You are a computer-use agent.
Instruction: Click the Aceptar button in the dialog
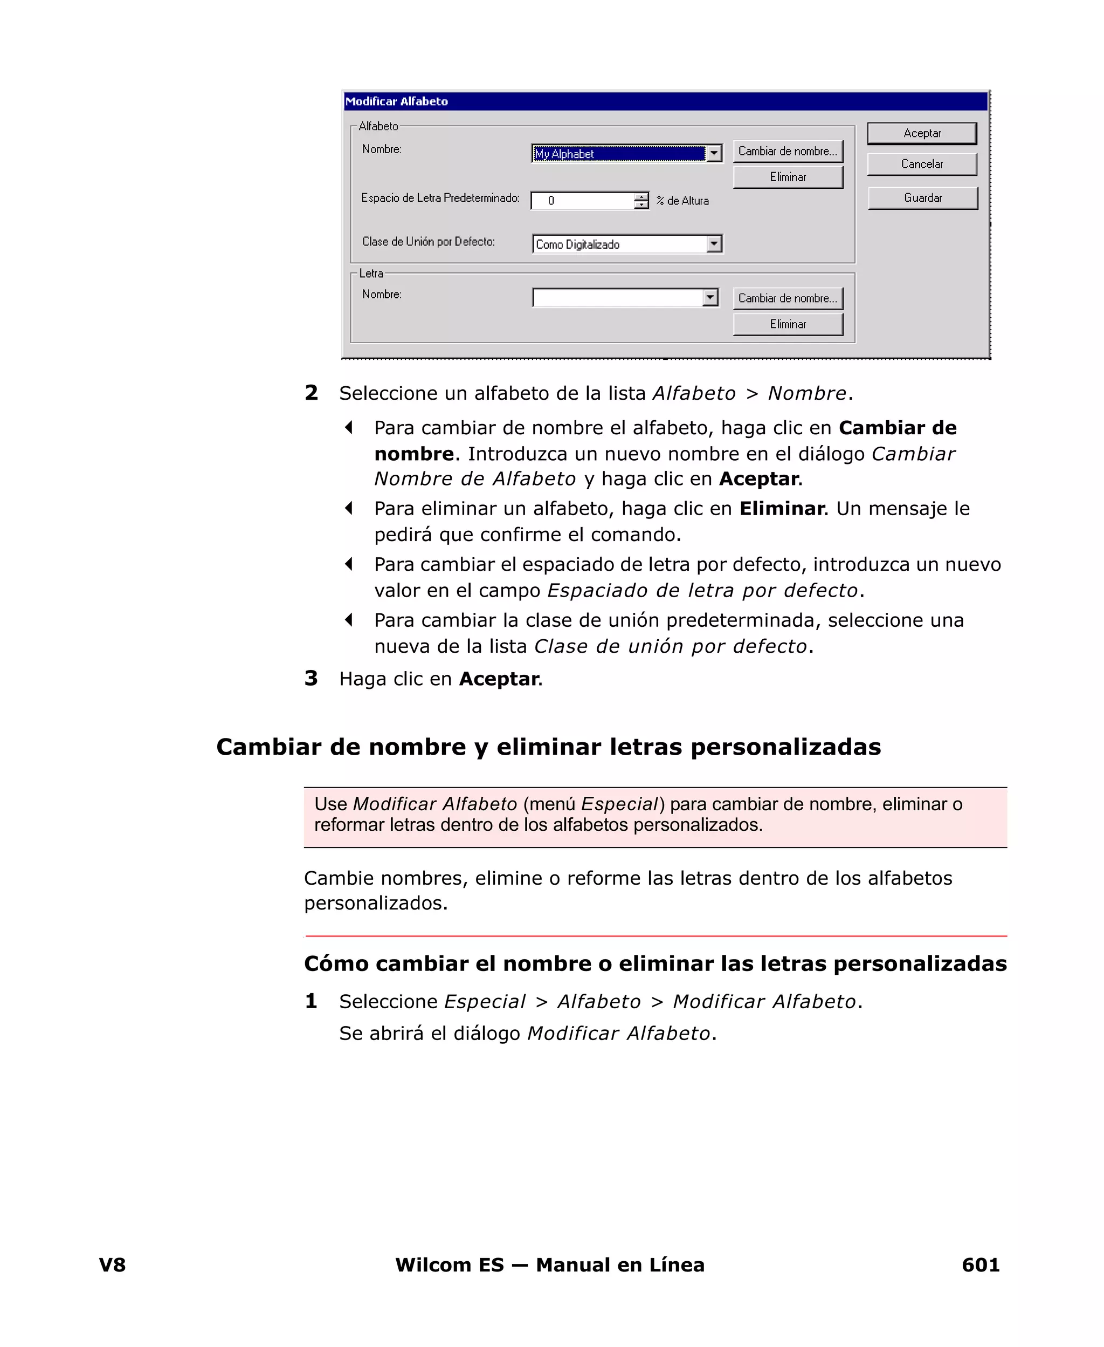point(921,134)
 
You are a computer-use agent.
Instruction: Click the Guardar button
point(923,198)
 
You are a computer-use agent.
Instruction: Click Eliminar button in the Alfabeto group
point(788,177)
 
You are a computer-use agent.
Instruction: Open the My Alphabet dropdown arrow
point(714,154)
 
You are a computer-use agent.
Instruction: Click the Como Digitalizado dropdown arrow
point(714,244)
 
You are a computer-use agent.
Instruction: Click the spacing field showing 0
point(582,201)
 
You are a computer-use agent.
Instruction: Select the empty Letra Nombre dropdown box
point(617,298)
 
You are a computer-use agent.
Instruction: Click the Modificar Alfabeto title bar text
point(396,102)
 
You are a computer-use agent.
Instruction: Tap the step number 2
point(311,393)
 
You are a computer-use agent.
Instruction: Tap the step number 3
point(311,678)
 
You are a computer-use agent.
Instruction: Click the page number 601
point(980,1264)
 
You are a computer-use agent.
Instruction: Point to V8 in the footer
point(113,1264)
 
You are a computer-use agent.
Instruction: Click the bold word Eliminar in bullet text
point(782,508)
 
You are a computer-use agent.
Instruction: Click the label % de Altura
point(682,201)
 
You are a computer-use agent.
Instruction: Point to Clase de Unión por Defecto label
point(428,242)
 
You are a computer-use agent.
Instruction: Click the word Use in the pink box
point(330,804)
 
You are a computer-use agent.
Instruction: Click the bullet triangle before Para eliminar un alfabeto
point(348,508)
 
